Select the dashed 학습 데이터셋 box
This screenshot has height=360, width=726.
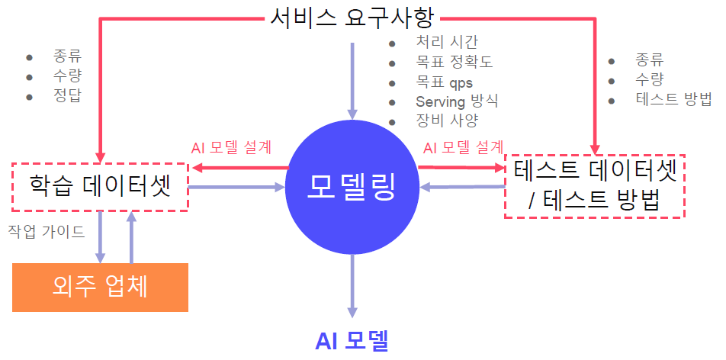coord(99,186)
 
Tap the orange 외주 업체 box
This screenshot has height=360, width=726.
coord(100,287)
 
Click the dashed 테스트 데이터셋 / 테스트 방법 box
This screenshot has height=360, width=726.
coord(595,186)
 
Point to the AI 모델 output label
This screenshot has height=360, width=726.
coord(352,340)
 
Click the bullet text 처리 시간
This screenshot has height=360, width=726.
coord(447,42)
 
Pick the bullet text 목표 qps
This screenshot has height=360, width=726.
coord(444,82)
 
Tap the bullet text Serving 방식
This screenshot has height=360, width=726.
coord(457,101)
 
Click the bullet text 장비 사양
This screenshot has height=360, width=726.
coord(447,121)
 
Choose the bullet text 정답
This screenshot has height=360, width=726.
coord(67,95)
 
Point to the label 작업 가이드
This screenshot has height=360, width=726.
coord(47,230)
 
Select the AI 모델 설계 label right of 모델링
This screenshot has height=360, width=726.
coord(463,147)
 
